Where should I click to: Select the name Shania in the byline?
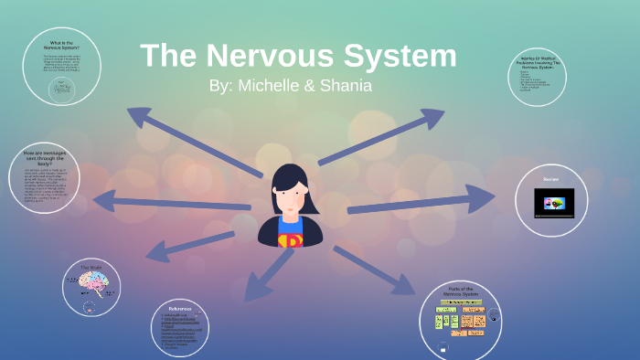point(344,86)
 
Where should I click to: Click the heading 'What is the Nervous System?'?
point(61,46)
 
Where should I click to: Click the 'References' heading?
point(180,309)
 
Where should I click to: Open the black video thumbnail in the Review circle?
point(555,203)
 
